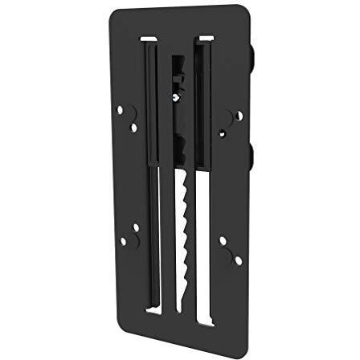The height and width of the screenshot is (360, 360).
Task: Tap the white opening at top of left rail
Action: [149, 39]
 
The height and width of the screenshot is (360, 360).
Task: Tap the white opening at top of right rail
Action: [207, 38]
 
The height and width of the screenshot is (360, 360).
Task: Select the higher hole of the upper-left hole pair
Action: [120, 109]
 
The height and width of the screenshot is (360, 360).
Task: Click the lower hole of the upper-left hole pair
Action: [133, 127]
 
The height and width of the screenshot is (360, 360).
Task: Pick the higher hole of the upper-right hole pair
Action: [239, 115]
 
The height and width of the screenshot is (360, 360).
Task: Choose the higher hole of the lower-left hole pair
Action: [135, 227]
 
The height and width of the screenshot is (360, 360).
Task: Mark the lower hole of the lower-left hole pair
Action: [123, 241]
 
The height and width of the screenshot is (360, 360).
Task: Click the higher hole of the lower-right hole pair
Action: [223, 240]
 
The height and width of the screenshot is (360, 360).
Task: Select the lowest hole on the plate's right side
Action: [238, 260]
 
